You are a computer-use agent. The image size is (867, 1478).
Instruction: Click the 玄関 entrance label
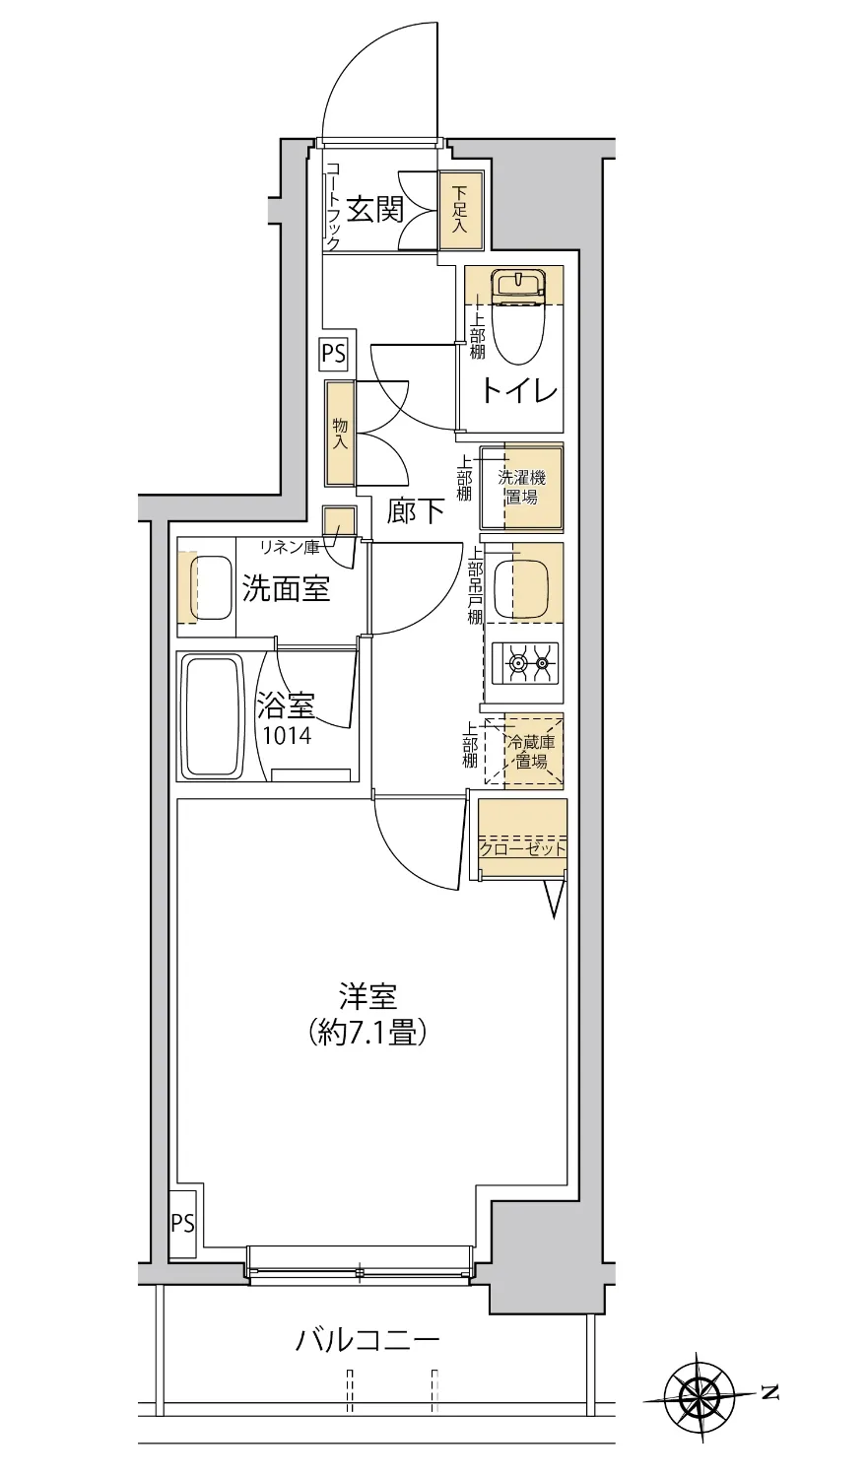[375, 210]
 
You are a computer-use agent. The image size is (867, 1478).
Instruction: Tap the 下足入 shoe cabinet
[460, 210]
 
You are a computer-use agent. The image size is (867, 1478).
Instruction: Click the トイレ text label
[519, 392]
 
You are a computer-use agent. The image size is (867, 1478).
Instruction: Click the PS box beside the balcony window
[183, 1224]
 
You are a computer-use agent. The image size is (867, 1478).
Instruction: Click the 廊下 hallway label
[415, 512]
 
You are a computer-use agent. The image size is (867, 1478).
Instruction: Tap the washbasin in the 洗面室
[208, 589]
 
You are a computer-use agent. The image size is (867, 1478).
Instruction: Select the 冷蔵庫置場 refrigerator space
[533, 752]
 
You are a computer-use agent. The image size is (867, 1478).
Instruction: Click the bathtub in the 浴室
[212, 716]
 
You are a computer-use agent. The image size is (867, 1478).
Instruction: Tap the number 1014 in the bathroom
[287, 735]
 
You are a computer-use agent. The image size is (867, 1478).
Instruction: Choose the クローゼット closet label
[522, 848]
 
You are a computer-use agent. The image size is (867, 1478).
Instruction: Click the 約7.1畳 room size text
[367, 1032]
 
